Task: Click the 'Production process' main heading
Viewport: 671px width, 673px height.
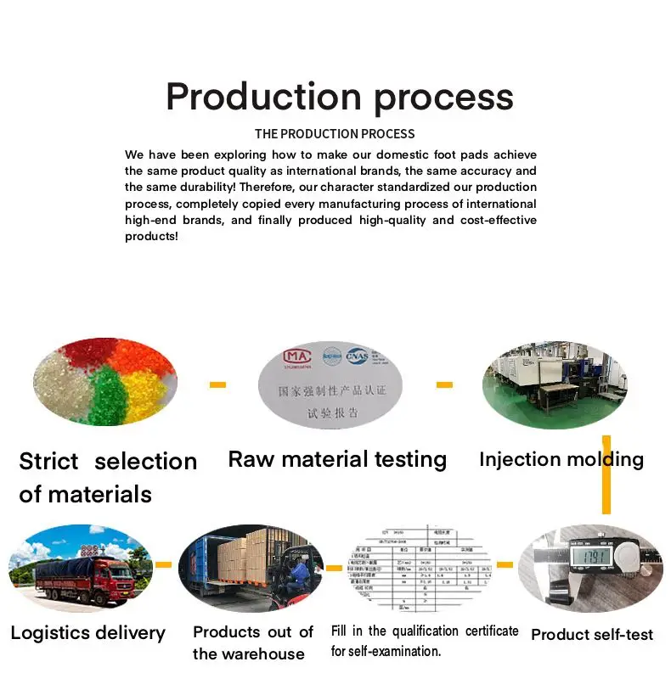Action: [x=339, y=96]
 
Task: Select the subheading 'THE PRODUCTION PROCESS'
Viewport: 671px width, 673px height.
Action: [x=335, y=134]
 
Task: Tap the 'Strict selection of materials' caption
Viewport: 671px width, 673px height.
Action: [x=107, y=477]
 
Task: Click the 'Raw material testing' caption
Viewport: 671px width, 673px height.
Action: [x=337, y=459]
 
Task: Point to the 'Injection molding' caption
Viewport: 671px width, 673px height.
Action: [x=561, y=460]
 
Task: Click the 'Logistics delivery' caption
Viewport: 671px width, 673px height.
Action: [x=87, y=632]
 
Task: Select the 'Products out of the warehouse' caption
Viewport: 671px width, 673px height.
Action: [x=252, y=642]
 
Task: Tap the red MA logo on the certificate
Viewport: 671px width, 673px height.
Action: [x=295, y=356]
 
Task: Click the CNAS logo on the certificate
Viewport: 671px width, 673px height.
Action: [x=357, y=356]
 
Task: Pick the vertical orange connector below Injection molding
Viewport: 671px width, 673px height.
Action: [x=606, y=475]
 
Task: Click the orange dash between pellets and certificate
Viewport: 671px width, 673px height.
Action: [x=218, y=384]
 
